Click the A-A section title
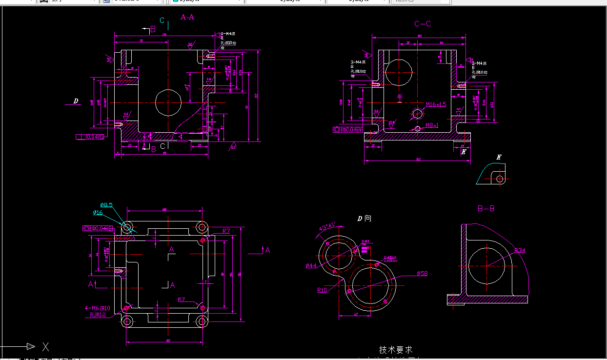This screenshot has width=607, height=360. (187, 17)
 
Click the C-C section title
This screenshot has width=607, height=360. (423, 24)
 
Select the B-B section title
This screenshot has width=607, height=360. (486, 209)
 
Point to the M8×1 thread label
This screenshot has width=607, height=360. (432, 125)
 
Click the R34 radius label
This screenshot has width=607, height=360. (520, 251)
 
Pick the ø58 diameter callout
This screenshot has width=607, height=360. (422, 274)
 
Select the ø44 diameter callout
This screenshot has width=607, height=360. (311, 265)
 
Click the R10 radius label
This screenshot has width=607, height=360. (322, 290)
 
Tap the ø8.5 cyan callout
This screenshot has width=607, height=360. (106, 205)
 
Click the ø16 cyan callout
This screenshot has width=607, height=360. (98, 212)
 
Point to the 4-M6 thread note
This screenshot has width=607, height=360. (98, 308)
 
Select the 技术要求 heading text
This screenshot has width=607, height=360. (396, 350)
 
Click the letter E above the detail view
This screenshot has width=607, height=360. (499, 157)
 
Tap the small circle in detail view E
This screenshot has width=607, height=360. (500, 179)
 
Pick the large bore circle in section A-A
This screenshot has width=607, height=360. (168, 102)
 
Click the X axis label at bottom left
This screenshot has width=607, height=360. (45, 347)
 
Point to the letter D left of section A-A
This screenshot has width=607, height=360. (76, 101)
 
